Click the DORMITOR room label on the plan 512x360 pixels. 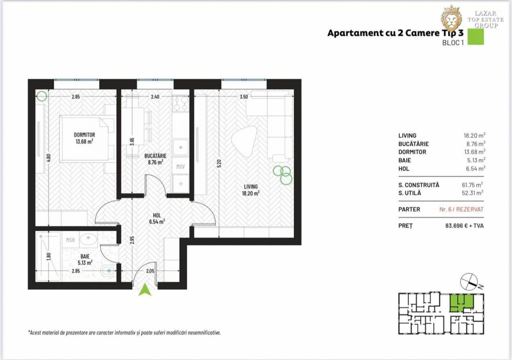84,135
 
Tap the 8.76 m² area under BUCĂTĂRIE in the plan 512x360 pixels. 155,162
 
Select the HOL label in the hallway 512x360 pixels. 157,215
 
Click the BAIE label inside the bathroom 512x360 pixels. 85,256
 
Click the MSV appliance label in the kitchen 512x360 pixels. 181,167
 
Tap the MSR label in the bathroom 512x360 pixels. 70,240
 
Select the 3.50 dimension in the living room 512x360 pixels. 244,97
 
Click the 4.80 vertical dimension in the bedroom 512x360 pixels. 48,158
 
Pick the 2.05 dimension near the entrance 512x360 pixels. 150,271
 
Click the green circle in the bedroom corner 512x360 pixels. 42,96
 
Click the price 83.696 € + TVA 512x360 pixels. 464,226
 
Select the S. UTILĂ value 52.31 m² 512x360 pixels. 473,193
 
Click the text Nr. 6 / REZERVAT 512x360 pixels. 462,209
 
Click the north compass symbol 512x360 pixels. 469,282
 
